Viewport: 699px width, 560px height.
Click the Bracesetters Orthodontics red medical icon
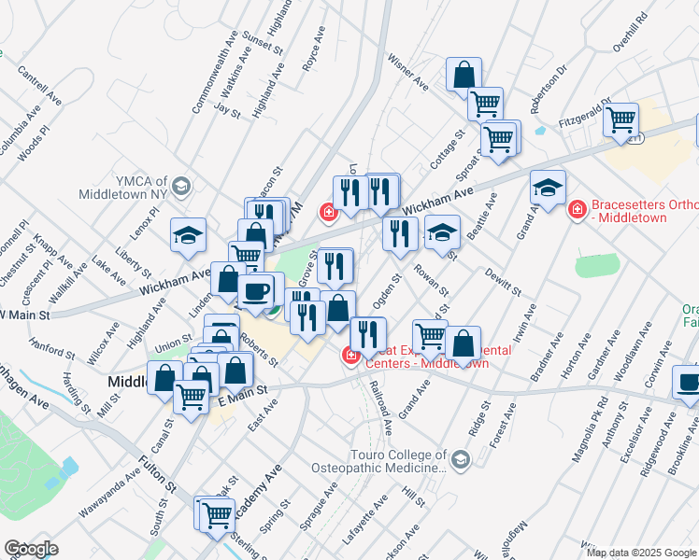click(577, 208)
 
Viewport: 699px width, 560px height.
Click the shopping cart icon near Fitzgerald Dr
click(621, 119)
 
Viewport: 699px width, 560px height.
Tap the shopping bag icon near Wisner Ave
click(464, 74)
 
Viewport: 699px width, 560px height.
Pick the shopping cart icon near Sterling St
click(214, 512)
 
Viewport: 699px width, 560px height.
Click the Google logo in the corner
click(31, 549)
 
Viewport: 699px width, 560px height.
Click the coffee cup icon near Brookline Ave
click(688, 383)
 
